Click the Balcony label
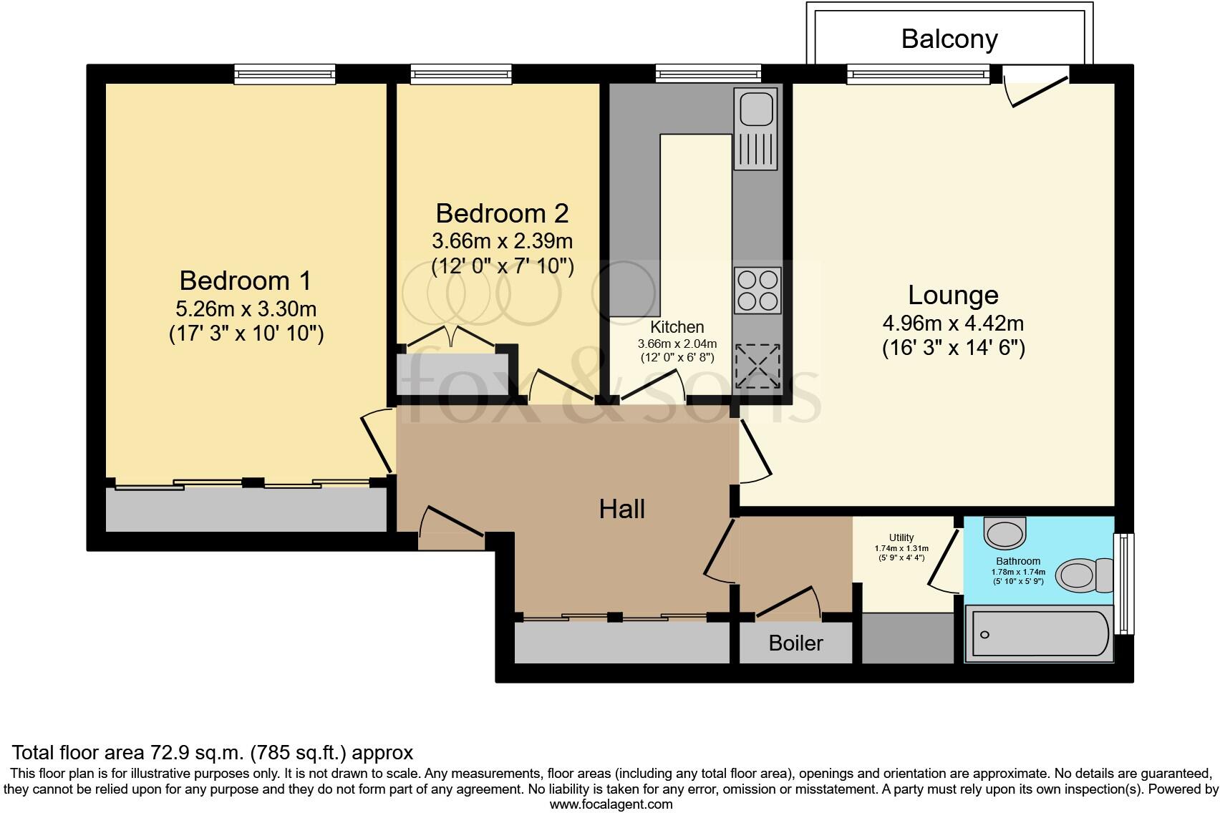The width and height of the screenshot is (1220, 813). click(949, 39)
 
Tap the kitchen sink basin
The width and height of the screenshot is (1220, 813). click(755, 109)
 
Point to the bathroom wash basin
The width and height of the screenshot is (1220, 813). click(1005, 531)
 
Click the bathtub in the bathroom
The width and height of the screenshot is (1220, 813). click(1038, 634)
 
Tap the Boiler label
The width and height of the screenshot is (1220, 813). click(795, 643)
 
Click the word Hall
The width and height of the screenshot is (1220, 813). click(621, 509)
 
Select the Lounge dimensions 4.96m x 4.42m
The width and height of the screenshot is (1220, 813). click(952, 323)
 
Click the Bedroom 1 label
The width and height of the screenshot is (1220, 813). click(245, 281)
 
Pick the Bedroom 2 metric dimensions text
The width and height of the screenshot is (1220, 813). click(502, 240)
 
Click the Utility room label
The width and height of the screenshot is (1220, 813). click(901, 537)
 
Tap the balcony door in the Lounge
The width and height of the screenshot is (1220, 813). click(1036, 84)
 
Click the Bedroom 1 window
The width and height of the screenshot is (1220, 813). click(284, 73)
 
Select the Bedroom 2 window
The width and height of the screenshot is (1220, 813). click(460, 73)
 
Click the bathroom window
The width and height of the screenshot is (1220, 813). click(1125, 583)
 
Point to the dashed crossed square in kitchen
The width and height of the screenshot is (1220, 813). click(757, 366)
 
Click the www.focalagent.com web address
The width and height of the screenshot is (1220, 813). click(611, 804)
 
